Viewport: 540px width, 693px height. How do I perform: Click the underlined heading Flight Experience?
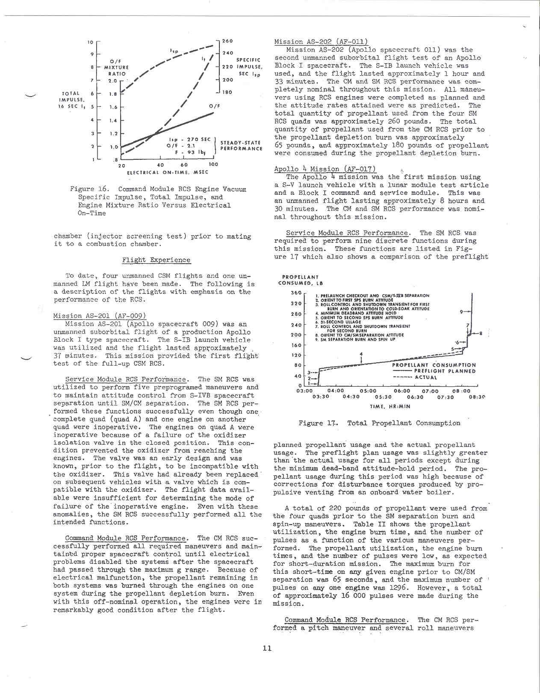(x=156, y=260)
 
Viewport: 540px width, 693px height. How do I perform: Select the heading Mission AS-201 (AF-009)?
(x=100, y=316)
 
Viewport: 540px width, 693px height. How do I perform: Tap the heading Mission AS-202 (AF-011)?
(x=321, y=41)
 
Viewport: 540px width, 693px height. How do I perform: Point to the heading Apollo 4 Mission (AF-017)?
(x=325, y=169)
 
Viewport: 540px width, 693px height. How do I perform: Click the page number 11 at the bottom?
(x=267, y=648)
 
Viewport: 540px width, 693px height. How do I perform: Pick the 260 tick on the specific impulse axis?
(x=227, y=41)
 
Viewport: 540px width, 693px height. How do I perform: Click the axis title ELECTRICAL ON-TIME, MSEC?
(x=168, y=172)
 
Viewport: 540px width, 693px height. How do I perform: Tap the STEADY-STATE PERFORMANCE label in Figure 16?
(x=241, y=146)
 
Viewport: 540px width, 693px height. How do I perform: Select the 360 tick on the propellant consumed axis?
(x=296, y=293)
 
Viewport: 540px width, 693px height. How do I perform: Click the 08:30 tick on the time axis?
(x=477, y=397)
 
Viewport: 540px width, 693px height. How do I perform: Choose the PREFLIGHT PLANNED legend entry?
(x=445, y=371)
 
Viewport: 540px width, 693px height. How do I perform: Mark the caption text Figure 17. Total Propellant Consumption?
(x=379, y=423)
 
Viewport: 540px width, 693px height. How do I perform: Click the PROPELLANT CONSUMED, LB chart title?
(x=301, y=280)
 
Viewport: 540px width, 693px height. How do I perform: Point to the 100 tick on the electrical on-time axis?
(x=213, y=164)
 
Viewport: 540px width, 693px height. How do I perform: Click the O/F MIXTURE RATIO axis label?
(x=116, y=68)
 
